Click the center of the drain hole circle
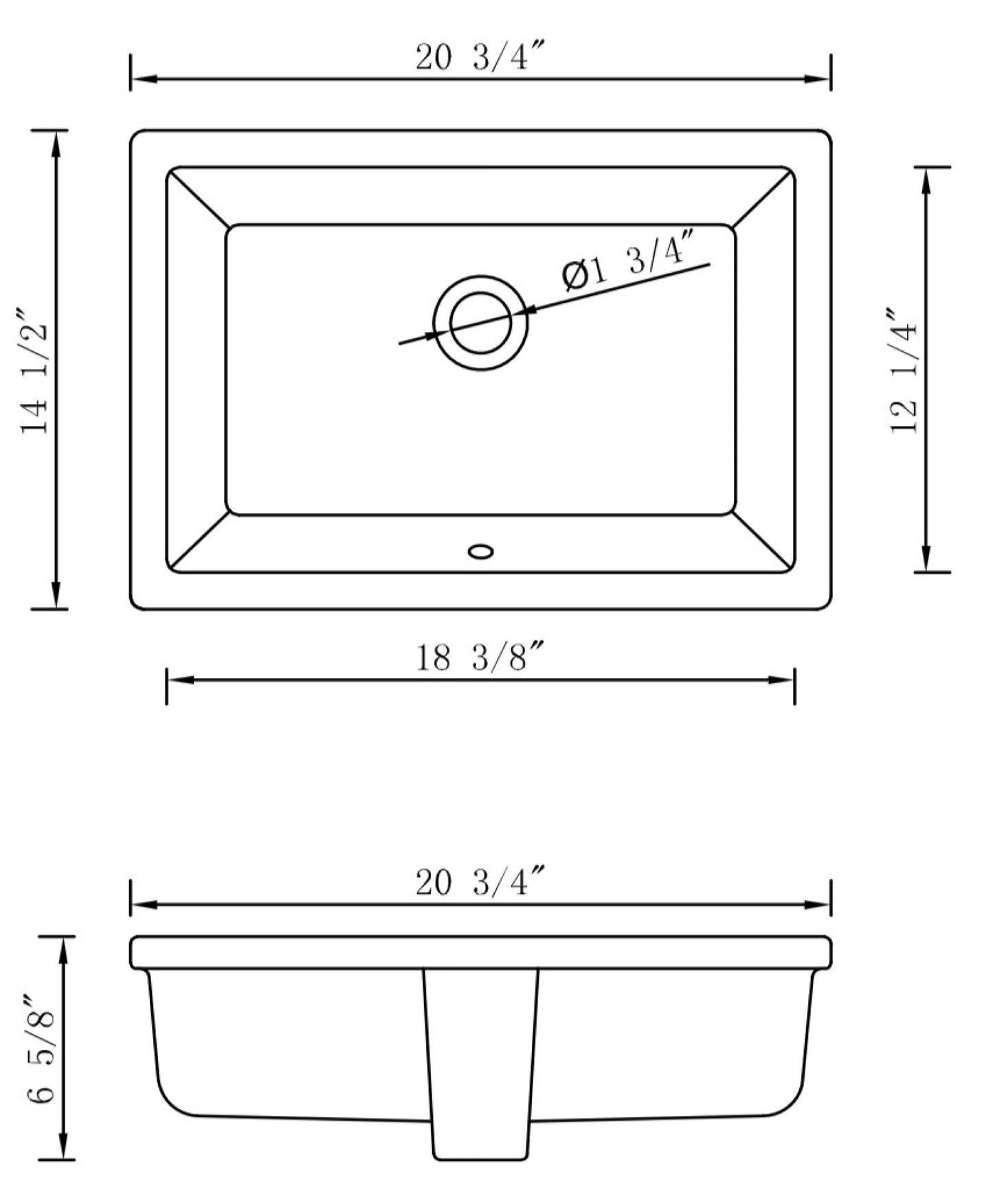pos(480,323)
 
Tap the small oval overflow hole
pos(480,551)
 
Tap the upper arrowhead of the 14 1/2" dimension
pos(56,140)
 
